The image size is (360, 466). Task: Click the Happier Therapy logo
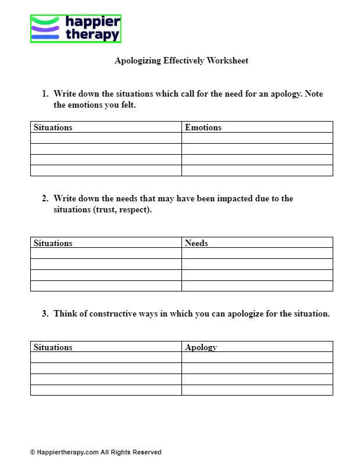pyautogui.click(x=76, y=29)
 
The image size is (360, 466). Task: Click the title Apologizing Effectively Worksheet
pyautogui.click(x=181, y=61)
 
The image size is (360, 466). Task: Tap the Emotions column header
pyautogui.click(x=203, y=127)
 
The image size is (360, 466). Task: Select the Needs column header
pyautogui.click(x=196, y=243)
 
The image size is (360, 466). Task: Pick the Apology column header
pyautogui.click(x=201, y=347)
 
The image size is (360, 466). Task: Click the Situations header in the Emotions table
pyautogui.click(x=53, y=127)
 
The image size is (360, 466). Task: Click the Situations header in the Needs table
pyautogui.click(x=53, y=243)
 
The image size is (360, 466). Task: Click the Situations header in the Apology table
pyautogui.click(x=53, y=347)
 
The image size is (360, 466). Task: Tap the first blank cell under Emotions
pyautogui.click(x=257, y=138)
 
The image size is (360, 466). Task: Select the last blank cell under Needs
pyautogui.click(x=257, y=286)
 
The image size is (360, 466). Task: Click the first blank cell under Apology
pyautogui.click(x=257, y=358)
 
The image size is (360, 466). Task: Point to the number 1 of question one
pyautogui.click(x=44, y=94)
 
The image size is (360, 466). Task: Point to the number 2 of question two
pyautogui.click(x=44, y=198)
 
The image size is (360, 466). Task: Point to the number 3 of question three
pyautogui.click(x=44, y=314)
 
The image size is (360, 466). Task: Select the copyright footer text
pyautogui.click(x=96, y=452)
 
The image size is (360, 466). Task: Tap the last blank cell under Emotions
pyautogui.click(x=257, y=170)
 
